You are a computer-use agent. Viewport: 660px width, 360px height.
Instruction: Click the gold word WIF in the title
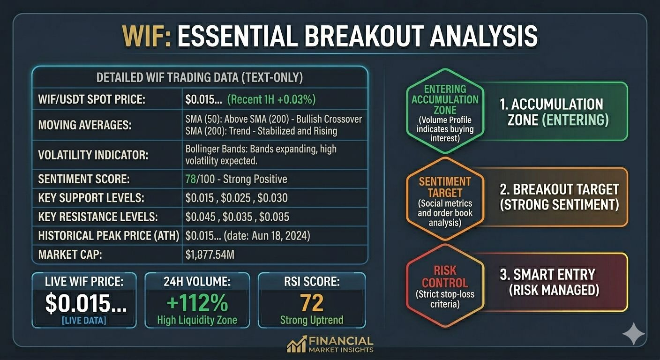146,36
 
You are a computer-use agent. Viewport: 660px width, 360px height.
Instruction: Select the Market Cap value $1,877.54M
210,255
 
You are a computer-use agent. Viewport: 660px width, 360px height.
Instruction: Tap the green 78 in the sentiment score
191,179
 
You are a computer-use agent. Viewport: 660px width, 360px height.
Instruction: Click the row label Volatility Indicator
93,155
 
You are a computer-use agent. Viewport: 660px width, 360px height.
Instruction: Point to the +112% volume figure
197,303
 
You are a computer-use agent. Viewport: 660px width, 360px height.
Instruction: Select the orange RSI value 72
312,303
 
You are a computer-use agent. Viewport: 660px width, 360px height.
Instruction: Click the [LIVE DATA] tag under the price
84,321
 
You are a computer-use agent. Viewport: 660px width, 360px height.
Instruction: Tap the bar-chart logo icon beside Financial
297,344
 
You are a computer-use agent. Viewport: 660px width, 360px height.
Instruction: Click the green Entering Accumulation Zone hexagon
445,111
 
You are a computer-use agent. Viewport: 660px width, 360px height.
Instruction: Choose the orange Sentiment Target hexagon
445,199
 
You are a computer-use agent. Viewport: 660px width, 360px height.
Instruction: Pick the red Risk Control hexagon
445,286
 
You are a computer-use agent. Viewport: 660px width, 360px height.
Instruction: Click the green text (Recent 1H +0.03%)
271,99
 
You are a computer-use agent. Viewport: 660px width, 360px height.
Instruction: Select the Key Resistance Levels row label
98,217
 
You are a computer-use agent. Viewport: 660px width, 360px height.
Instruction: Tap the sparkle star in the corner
633,334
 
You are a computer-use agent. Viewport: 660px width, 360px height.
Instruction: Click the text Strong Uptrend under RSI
312,320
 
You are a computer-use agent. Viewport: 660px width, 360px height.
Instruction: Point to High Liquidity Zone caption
197,320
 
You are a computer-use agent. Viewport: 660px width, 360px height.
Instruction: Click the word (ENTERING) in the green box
576,120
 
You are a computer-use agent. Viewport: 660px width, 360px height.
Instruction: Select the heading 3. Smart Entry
547,275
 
